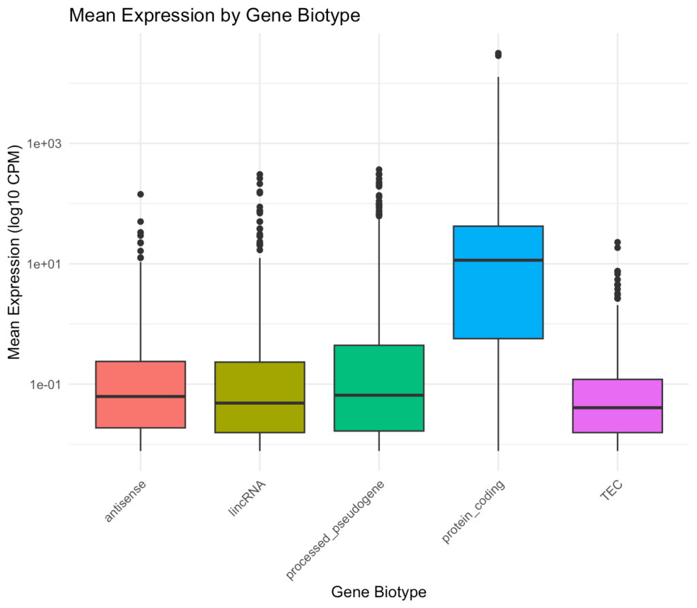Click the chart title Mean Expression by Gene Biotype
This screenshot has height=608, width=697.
pyautogui.click(x=214, y=16)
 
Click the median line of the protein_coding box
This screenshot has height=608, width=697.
pyautogui.click(x=498, y=260)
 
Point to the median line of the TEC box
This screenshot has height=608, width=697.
pyautogui.click(x=617, y=408)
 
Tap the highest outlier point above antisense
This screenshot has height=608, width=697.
pyautogui.click(x=140, y=195)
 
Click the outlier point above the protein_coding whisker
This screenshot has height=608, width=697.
pyautogui.click(x=498, y=54)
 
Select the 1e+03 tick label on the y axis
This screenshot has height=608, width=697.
pyautogui.click(x=46, y=143)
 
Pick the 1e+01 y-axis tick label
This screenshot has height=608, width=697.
pyautogui.click(x=46, y=264)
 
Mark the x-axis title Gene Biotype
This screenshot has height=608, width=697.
pyautogui.click(x=378, y=592)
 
